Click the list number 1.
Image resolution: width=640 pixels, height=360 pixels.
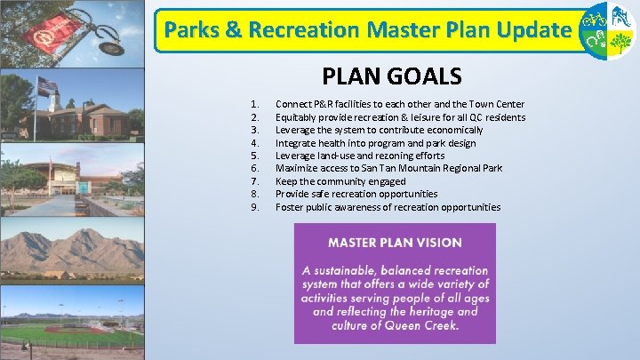(255, 104)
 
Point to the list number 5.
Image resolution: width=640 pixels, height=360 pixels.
(255, 156)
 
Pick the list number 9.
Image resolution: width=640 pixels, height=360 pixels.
(255, 207)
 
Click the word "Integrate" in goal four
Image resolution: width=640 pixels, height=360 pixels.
(294, 143)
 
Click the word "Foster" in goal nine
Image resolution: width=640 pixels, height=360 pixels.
(289, 207)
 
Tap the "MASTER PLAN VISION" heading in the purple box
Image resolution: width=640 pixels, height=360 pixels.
(395, 242)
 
